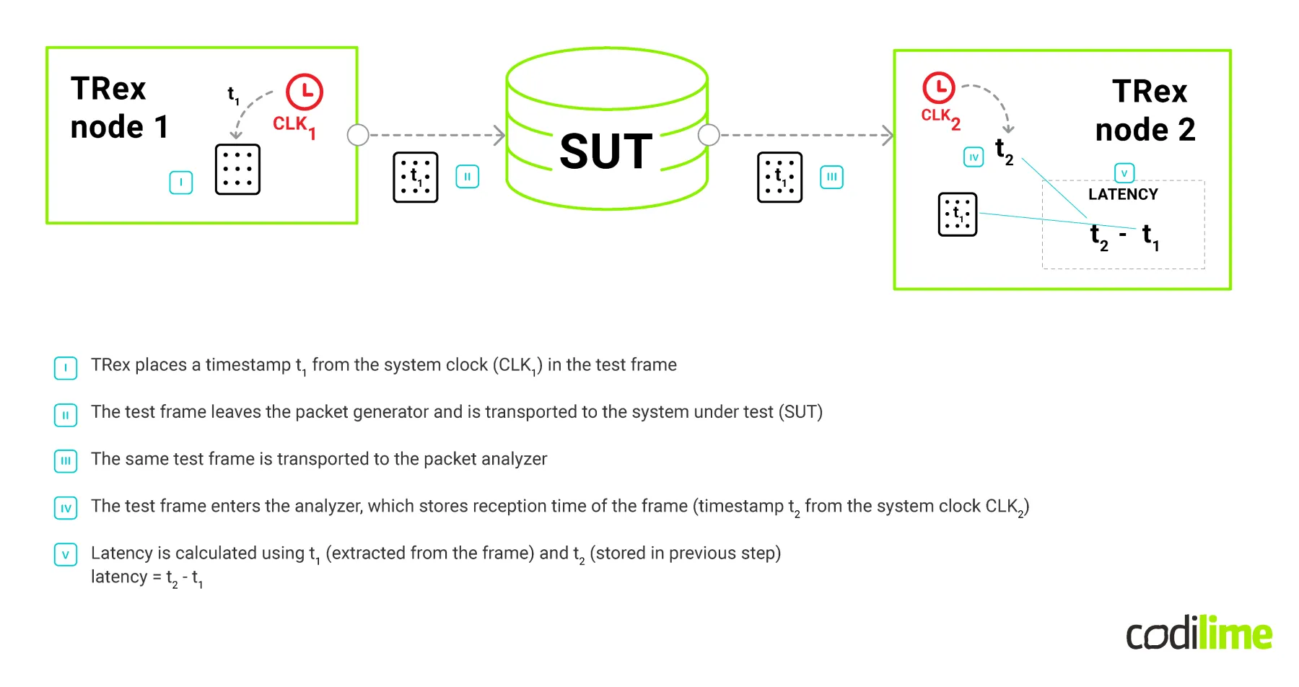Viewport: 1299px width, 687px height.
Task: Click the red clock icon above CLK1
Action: tap(305, 92)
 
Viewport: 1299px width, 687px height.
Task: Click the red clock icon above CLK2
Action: tap(938, 88)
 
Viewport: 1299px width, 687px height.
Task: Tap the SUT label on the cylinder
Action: tap(606, 152)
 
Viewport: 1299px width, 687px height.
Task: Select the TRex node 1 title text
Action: tap(119, 108)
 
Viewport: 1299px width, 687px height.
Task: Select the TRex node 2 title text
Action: tap(1146, 110)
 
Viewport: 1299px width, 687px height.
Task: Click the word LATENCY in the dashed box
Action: tap(1123, 194)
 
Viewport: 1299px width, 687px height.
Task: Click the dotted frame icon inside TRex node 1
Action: tap(237, 170)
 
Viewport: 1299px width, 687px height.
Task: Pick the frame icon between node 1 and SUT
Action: tap(416, 177)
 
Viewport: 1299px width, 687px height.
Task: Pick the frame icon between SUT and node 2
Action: tap(779, 177)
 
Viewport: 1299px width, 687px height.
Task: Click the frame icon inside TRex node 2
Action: tap(957, 214)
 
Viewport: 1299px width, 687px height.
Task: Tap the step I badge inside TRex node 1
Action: tap(181, 182)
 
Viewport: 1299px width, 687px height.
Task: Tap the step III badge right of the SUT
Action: tap(831, 177)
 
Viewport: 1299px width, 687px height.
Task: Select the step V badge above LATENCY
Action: tap(1124, 173)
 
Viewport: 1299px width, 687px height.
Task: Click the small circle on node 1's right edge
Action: tap(358, 135)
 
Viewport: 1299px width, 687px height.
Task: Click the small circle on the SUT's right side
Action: tap(709, 135)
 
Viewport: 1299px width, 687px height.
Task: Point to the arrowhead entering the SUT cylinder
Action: tap(499, 135)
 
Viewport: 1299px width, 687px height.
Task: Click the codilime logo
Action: tap(1199, 634)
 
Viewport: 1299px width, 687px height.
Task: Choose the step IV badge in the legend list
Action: tap(66, 508)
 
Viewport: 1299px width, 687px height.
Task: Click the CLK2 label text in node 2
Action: tap(940, 117)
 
